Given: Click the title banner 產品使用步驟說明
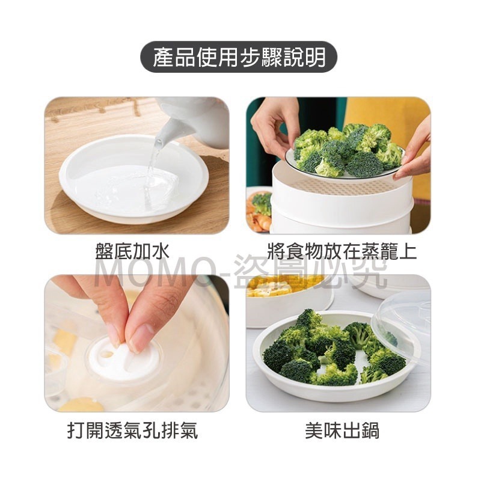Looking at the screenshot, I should pyautogui.click(x=239, y=58).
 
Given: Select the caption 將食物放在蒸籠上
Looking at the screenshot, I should pyautogui.click(x=342, y=250).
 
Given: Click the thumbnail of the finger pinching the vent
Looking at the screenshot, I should pyautogui.click(x=136, y=343).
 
